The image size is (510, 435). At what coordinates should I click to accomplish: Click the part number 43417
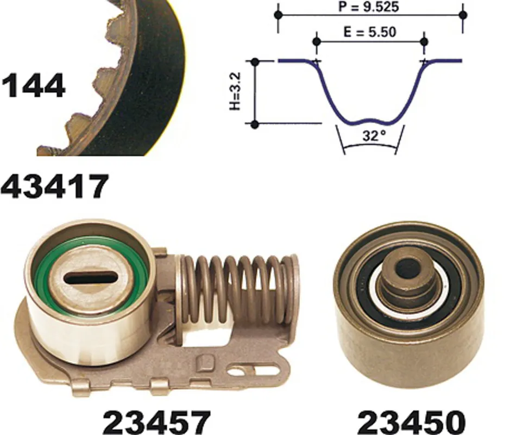pyautogui.click(x=54, y=186)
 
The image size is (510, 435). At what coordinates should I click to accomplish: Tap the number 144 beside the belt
pyautogui.click(x=33, y=85)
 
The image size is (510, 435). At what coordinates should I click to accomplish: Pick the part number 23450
pyautogui.click(x=412, y=422)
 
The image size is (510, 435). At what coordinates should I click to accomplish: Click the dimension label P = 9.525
pyautogui.click(x=368, y=7)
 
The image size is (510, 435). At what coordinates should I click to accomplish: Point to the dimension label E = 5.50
pyautogui.click(x=370, y=32)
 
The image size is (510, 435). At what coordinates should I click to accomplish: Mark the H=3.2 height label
pyautogui.click(x=235, y=91)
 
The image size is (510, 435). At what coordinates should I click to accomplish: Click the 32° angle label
pyautogui.click(x=374, y=135)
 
